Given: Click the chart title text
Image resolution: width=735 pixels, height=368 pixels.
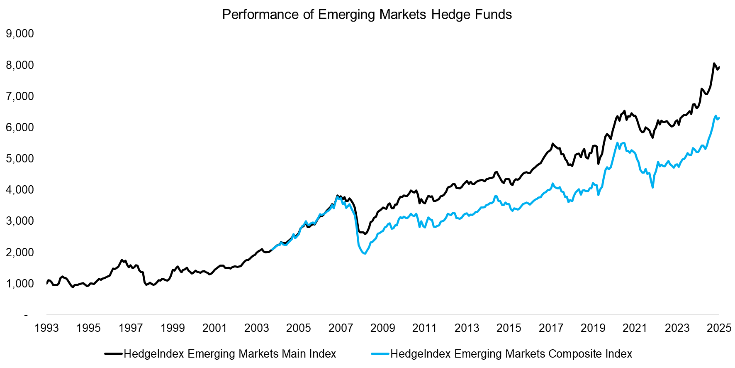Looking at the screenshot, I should [x=367, y=15].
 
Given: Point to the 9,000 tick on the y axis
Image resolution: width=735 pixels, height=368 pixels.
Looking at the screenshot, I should [x=20, y=34].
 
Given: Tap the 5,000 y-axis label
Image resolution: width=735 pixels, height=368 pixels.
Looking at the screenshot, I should [x=20, y=159].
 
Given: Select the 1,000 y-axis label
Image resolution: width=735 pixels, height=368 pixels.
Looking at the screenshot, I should [x=20, y=284].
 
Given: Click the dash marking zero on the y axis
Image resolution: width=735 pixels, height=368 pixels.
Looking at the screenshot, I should [x=26, y=315].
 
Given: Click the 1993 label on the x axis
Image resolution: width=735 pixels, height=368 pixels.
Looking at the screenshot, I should [x=46, y=328].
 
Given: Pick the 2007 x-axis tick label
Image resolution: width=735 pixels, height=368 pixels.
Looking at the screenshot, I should [x=341, y=328].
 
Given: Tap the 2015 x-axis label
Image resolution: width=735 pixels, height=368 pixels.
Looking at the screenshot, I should [x=509, y=328].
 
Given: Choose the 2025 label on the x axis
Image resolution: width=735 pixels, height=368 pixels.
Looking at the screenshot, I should [x=718, y=328].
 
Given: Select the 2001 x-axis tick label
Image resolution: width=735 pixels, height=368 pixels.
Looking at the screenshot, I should [x=214, y=328].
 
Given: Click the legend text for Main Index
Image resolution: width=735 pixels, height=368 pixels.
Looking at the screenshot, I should [x=230, y=354].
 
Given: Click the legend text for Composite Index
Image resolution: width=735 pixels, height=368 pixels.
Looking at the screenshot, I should [x=511, y=354].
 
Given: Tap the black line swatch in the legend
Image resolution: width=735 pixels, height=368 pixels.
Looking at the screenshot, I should [x=114, y=354].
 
